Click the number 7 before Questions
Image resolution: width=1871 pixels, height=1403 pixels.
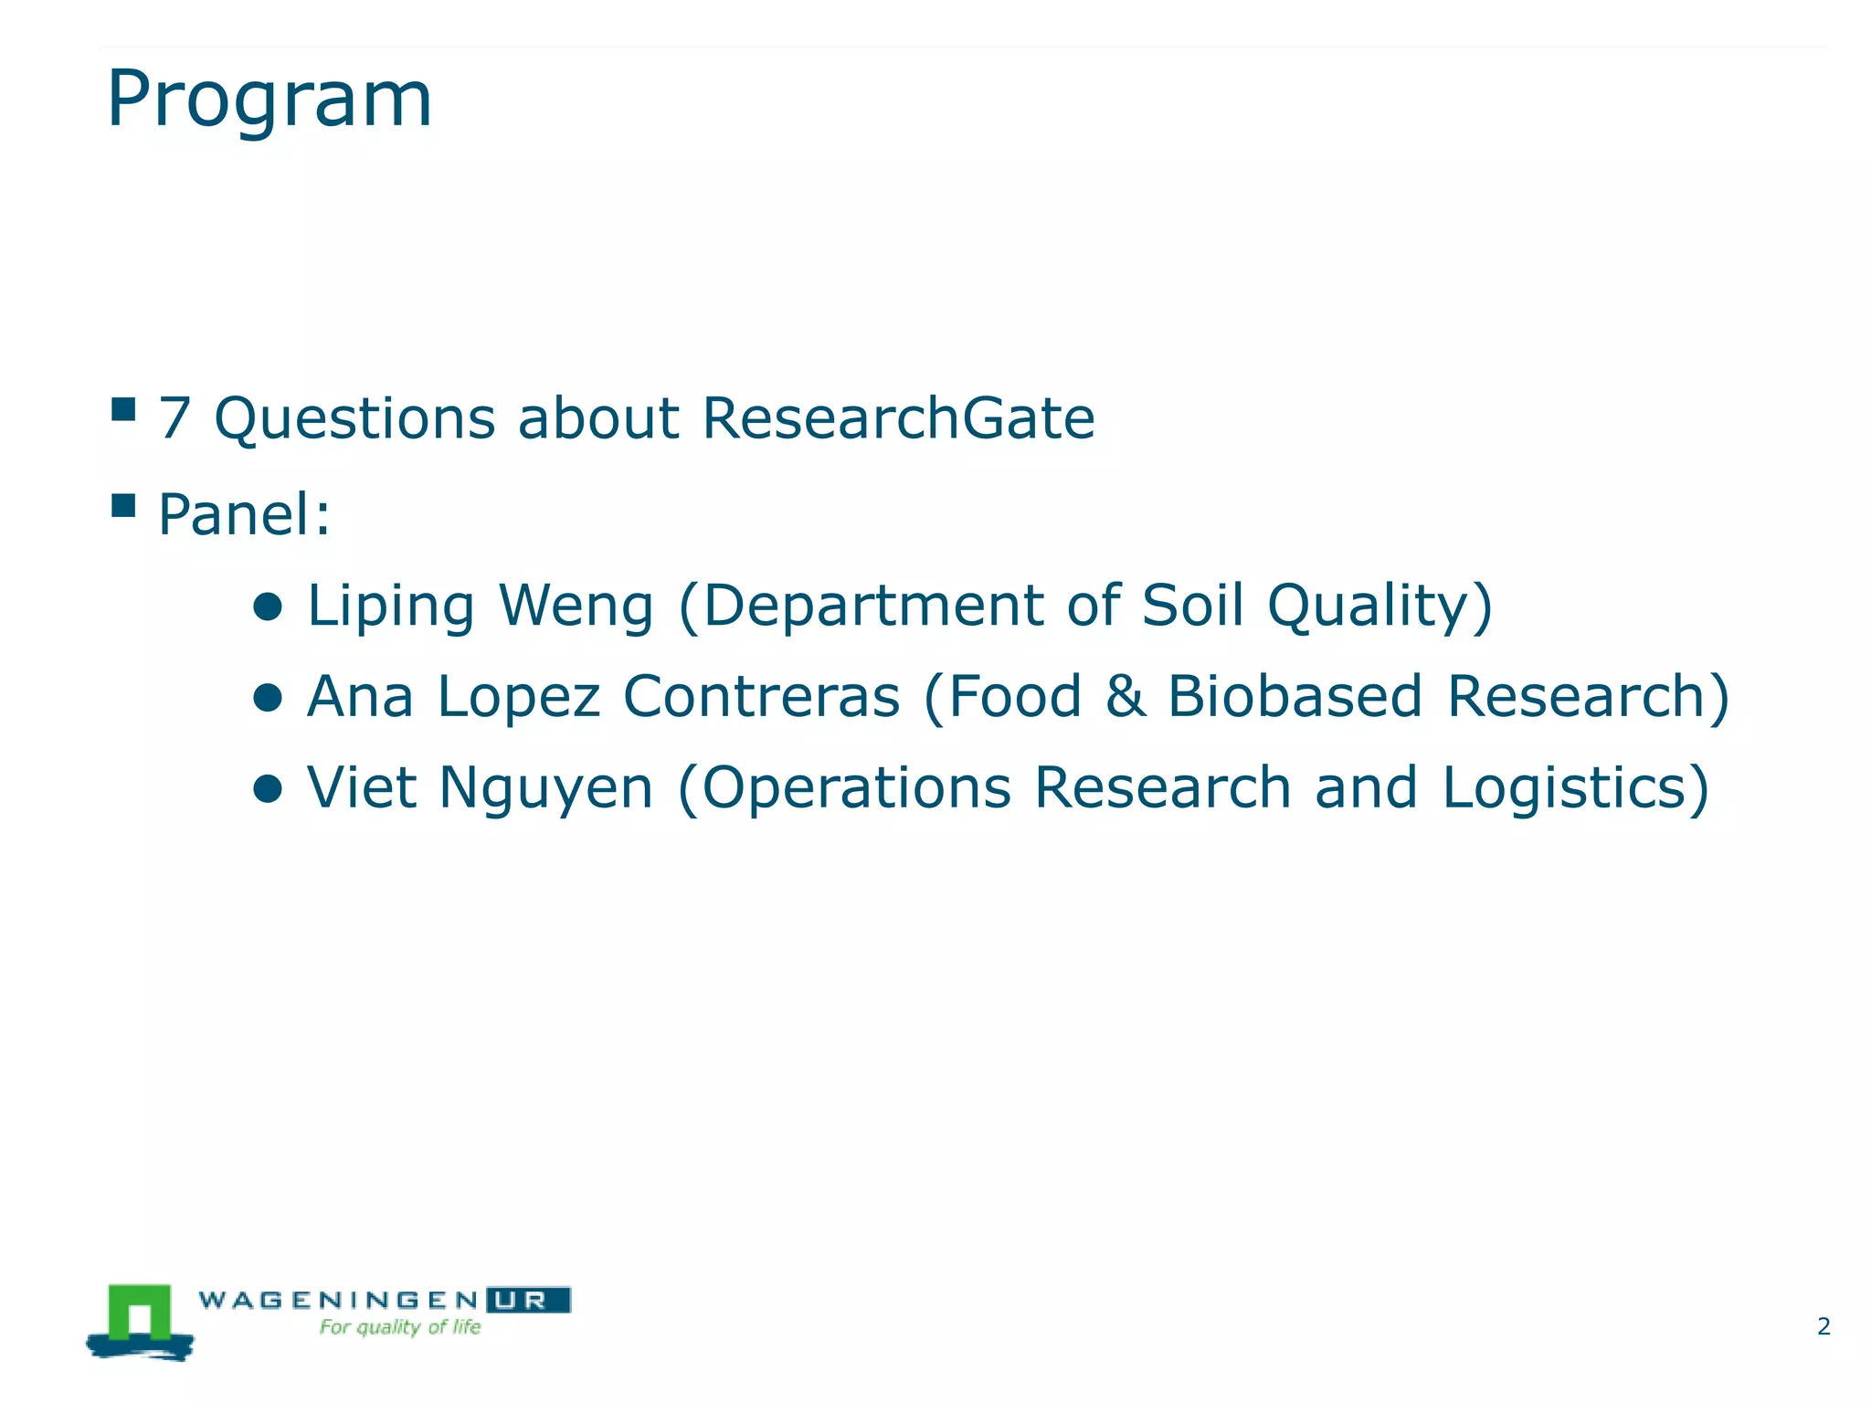pyautogui.click(x=174, y=419)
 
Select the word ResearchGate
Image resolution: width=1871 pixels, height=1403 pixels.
pyautogui.click(x=898, y=419)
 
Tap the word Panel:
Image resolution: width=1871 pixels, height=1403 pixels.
pyautogui.click(x=244, y=514)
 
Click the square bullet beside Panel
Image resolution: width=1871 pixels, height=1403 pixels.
pyautogui.click(x=123, y=505)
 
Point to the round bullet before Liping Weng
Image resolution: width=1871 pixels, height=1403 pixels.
pyautogui.click(x=268, y=607)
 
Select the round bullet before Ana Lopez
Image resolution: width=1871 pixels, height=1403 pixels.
pyautogui.click(x=268, y=699)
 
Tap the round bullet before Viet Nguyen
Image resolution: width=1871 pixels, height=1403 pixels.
pyautogui.click(x=268, y=789)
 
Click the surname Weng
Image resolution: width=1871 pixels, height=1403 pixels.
pyautogui.click(x=576, y=607)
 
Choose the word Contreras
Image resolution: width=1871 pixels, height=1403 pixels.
pyautogui.click(x=761, y=697)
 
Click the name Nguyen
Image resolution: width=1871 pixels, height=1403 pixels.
pyautogui.click(x=545, y=789)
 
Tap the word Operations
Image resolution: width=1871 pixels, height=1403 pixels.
pyautogui.click(x=856, y=788)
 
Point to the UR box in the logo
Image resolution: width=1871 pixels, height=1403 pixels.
pyautogui.click(x=528, y=1300)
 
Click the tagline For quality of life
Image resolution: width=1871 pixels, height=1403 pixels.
pyautogui.click(x=399, y=1327)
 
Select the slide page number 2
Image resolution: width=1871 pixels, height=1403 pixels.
pyautogui.click(x=1823, y=1326)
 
